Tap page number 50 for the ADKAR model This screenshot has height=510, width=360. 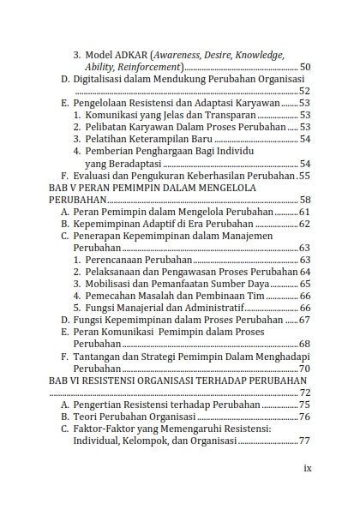pos(304,67)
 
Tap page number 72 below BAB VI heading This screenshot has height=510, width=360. pos(304,392)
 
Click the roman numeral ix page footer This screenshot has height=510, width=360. pos(308,469)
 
